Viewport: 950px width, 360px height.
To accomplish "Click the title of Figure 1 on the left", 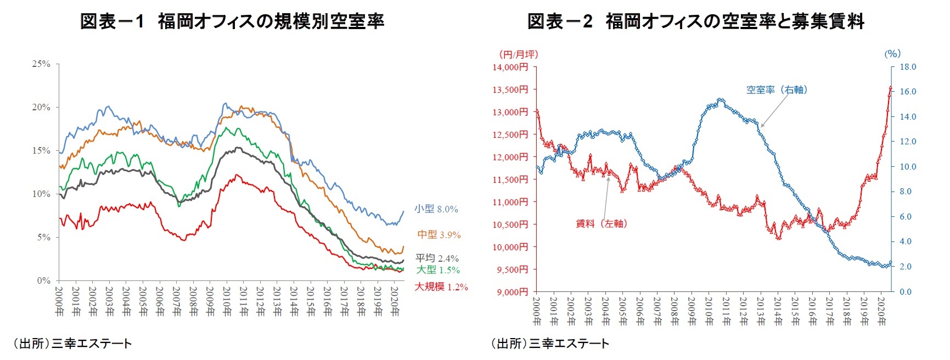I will point(232,21).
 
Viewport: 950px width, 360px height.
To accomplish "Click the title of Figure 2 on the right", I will point(695,21).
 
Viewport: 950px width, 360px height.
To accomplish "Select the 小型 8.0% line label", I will point(436,209).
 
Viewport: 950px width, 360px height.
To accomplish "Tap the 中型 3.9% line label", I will point(439,234).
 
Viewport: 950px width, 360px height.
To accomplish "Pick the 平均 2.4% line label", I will point(437,258).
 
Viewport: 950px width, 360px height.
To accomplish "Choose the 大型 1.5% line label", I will point(437,269).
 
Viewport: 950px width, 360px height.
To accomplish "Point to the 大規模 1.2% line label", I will point(441,286).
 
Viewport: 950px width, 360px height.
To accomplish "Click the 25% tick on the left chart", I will point(41,64).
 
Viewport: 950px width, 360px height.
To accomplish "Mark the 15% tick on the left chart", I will point(41,150).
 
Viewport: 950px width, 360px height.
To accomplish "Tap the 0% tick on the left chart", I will point(43,280).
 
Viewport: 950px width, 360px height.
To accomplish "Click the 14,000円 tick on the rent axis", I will point(510,67).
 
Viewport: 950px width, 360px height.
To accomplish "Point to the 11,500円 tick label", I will point(510,179).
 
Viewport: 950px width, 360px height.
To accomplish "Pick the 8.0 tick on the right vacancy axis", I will point(906,192).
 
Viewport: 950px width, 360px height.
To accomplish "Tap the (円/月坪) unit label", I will point(518,54).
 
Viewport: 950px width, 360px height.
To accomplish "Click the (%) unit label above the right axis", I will point(892,53).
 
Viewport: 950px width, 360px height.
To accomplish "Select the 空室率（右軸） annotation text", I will point(777,89).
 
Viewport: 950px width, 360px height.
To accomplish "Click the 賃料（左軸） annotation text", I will point(601,223).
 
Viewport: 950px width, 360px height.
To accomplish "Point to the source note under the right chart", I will point(549,344).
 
